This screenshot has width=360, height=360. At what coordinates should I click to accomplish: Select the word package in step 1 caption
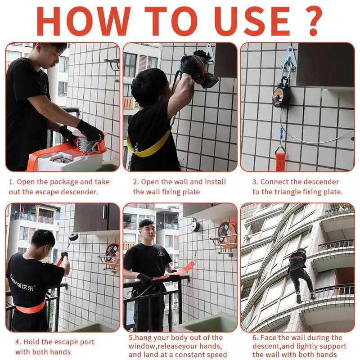(x=64, y=182)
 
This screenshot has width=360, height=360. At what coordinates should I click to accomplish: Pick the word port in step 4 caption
(x=87, y=342)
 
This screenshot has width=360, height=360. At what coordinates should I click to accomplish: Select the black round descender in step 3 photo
(x=282, y=96)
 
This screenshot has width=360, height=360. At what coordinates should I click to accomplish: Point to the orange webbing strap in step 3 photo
(x=280, y=161)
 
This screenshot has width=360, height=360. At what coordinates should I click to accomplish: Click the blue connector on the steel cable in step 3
(x=281, y=134)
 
